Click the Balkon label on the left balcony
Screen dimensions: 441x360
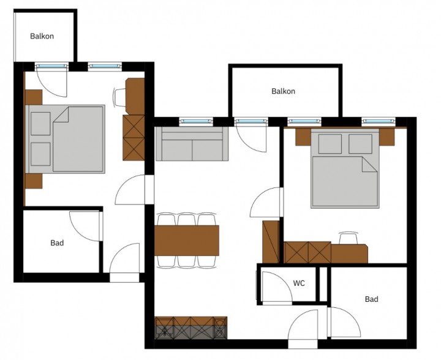pyautogui.click(x=42, y=36)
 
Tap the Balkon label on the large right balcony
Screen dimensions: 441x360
pyautogui.click(x=283, y=91)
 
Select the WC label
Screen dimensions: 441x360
pyautogui.click(x=299, y=283)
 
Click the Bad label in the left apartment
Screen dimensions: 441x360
pyautogui.click(x=57, y=243)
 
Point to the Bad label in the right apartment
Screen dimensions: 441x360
pyautogui.click(x=372, y=299)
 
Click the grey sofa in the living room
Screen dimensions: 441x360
pyautogui.click(x=192, y=144)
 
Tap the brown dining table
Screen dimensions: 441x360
pyautogui.click(x=187, y=240)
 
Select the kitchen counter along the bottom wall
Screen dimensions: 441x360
pyautogui.click(x=191, y=328)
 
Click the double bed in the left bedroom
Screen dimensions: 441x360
pyautogui.click(x=66, y=139)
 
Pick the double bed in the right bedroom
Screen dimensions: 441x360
pyautogui.click(x=345, y=168)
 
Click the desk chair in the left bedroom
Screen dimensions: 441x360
pyautogui.click(x=119, y=97)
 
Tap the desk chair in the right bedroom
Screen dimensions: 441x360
pyautogui.click(x=348, y=238)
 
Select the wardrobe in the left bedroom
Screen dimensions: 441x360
pyautogui.click(x=134, y=138)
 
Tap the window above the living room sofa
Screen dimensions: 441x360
pyautogui.click(x=197, y=121)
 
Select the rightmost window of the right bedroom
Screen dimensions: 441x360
pyautogui.click(x=379, y=121)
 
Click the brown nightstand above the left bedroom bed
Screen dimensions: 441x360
pyautogui.click(x=34, y=97)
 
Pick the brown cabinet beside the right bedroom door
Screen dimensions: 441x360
pyautogui.click(x=271, y=242)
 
